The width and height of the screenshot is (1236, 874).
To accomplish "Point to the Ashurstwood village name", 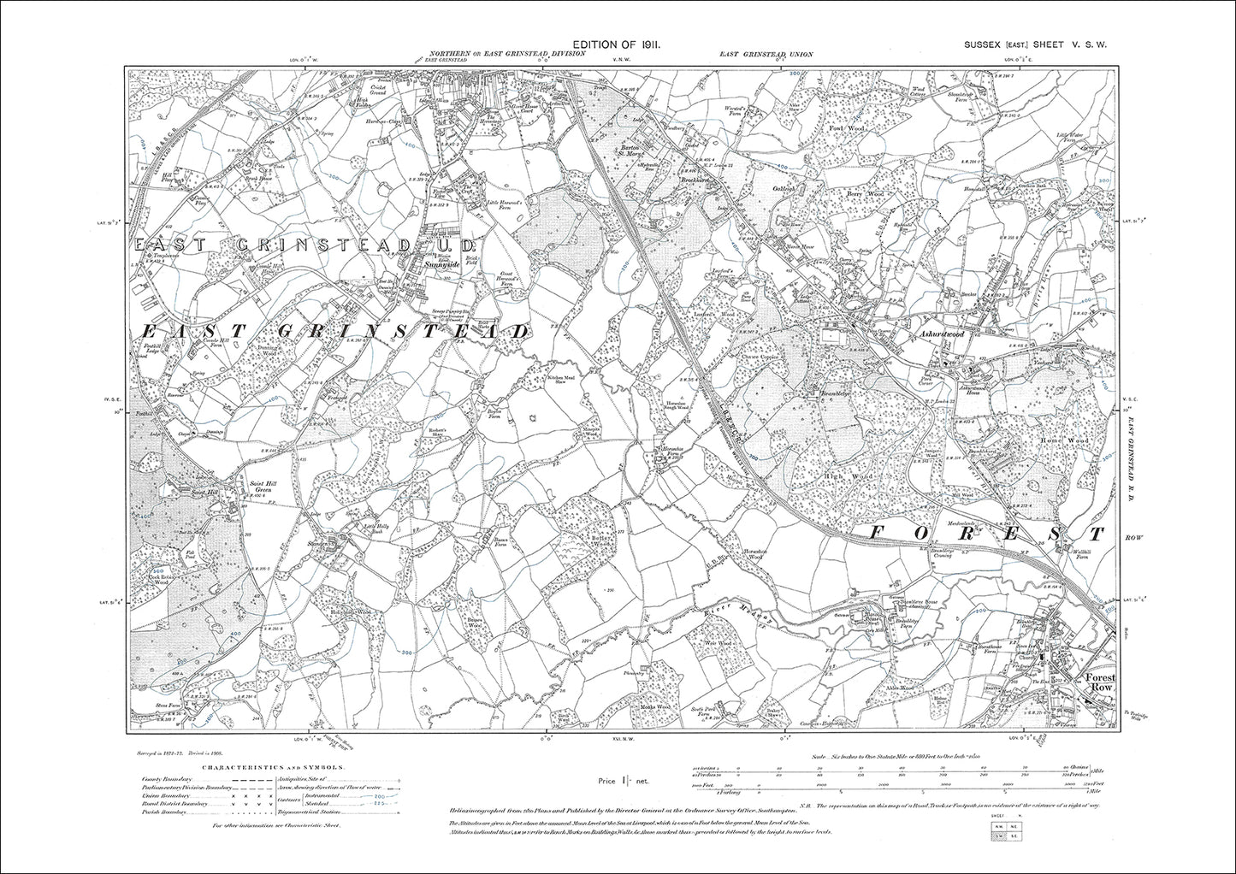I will coord(941,334).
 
